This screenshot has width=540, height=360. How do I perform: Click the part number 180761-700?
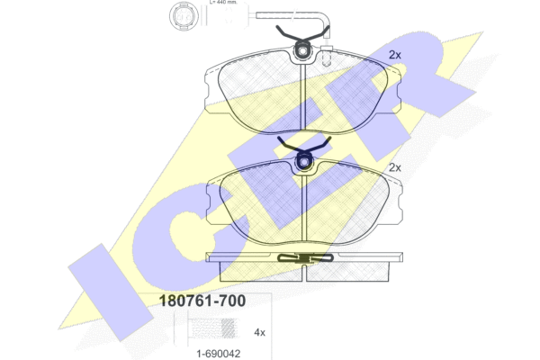[x=202, y=301]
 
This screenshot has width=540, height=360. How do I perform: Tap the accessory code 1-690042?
[x=219, y=354]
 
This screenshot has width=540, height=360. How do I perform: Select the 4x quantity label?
[x=260, y=332]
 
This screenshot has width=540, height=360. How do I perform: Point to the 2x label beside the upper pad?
[x=395, y=55]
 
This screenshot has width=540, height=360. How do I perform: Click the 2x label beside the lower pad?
[x=395, y=167]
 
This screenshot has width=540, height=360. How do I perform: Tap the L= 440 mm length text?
[x=223, y=2]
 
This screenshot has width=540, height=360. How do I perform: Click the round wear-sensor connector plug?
[x=184, y=16]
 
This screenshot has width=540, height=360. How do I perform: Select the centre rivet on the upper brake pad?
[x=302, y=51]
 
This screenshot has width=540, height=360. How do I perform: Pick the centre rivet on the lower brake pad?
[x=304, y=161]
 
